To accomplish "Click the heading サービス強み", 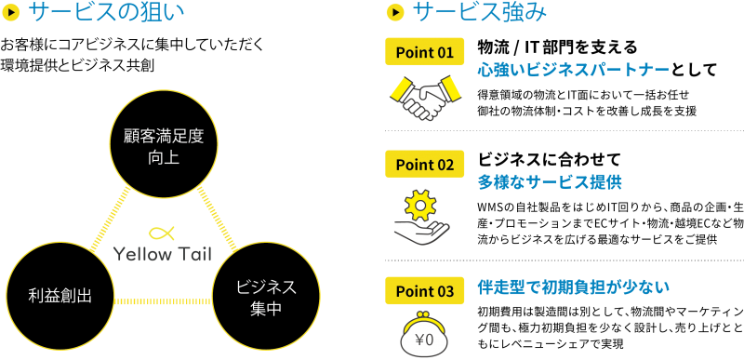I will click(x=480, y=13).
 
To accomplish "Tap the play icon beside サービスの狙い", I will click(x=13, y=13).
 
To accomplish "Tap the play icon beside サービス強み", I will click(x=395, y=13).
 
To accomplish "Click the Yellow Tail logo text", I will click(x=163, y=255).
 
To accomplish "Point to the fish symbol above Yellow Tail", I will click(x=163, y=233).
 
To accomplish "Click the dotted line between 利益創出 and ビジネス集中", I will click(x=163, y=301).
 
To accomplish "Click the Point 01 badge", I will click(x=424, y=52).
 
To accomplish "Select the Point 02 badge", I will click(x=424, y=165).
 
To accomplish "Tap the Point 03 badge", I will click(x=424, y=291).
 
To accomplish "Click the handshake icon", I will click(x=425, y=96).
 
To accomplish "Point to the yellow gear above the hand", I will click(x=421, y=204).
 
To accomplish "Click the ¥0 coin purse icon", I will click(x=423, y=336).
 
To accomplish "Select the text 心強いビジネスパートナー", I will click(x=573, y=71).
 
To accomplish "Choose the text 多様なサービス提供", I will click(x=550, y=183).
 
